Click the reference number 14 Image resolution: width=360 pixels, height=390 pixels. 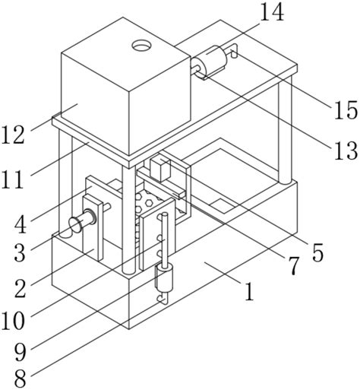coord(272,13)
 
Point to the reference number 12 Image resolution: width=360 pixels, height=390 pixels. coord(13,135)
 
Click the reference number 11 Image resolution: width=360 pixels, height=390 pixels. coord(11,179)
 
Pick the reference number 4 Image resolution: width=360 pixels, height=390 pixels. coord(21,225)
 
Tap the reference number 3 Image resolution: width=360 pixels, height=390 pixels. coord(20,253)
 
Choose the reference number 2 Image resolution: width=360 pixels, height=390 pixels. coord(21,289)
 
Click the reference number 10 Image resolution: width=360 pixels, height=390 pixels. coord(13,321)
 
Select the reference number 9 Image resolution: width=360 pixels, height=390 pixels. coord(21,353)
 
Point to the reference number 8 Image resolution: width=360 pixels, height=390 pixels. coord(21,379)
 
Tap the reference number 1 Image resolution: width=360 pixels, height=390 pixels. coord(250,292)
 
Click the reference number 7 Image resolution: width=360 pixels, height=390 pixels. coord(293,266)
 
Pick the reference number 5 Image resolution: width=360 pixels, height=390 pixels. coord(318,252)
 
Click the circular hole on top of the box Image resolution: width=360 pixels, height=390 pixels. coord(141,46)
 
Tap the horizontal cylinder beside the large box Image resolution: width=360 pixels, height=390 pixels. coord(209,62)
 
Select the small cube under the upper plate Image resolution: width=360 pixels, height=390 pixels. coord(160,169)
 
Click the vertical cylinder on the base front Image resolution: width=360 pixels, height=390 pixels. coord(164,278)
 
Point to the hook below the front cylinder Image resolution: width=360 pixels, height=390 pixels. coord(163,298)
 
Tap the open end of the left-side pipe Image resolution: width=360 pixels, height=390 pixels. coord(74,224)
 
